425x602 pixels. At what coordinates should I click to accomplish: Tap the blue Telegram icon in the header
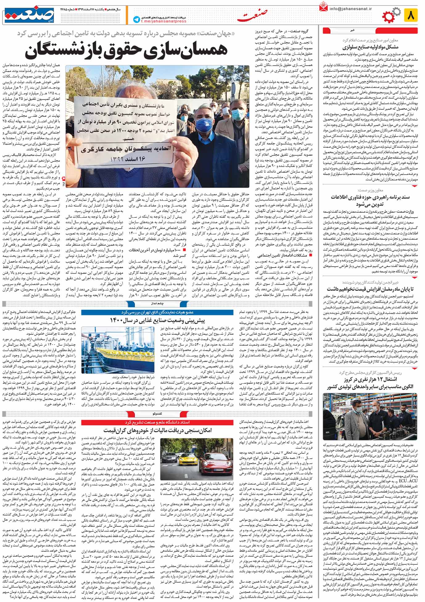[136, 19]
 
